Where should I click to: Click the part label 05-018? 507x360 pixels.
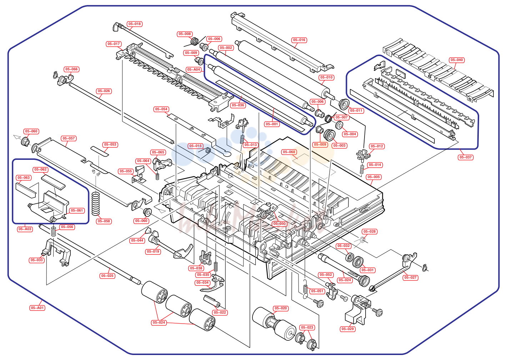point(135,24)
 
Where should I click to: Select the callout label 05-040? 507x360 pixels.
point(457,60)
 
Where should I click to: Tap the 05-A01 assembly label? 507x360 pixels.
point(37,308)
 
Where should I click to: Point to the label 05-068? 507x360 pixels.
point(289,152)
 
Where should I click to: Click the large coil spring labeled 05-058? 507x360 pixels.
point(96,204)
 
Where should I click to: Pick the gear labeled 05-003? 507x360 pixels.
point(329,136)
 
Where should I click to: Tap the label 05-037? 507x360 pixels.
point(466,157)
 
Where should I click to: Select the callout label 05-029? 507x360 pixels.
point(348,329)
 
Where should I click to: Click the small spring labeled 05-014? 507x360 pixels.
point(362,169)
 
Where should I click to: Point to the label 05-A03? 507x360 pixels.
point(25,229)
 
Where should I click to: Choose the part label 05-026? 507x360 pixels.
point(104,91)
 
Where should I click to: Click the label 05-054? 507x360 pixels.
point(161,109)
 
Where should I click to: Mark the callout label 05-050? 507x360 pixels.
point(280,224)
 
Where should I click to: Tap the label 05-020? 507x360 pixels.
point(281,308)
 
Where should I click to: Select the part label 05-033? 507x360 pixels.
point(37,260)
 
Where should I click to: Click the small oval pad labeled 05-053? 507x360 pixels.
point(100,151)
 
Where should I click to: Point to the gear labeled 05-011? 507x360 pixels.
point(344,104)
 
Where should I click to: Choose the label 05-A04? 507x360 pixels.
point(194,70)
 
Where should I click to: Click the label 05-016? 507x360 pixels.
point(299,40)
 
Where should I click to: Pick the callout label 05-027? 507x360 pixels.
point(410,278)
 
